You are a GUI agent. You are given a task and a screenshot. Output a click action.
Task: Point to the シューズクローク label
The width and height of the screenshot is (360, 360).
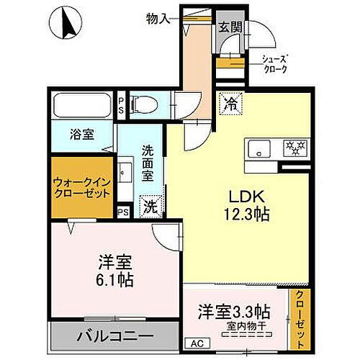coord(274,64)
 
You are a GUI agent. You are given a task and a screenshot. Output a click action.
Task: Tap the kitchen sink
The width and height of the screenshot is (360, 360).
coord(257,150)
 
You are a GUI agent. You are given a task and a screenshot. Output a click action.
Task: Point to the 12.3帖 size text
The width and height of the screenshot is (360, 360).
coord(245,214)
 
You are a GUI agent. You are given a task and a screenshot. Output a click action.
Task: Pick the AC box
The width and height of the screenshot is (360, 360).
coord(194,343)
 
